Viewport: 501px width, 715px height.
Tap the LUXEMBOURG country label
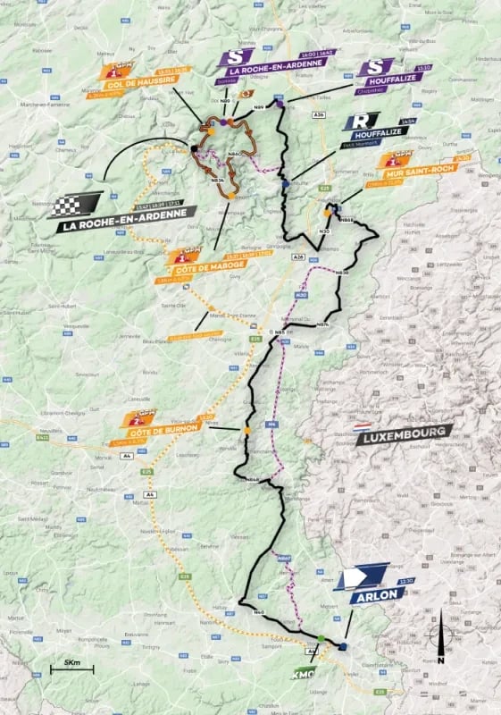pyautogui.click(x=404, y=437)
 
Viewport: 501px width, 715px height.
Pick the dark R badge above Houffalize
pyautogui.click(x=368, y=120)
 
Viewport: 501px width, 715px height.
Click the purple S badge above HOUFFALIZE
pyautogui.click(x=375, y=67)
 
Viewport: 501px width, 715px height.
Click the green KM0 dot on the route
pyautogui.click(x=321, y=637)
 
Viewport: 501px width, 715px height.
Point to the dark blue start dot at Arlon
pyautogui.click(x=342, y=644)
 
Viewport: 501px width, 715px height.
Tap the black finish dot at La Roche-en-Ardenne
pyautogui.click(x=195, y=148)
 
